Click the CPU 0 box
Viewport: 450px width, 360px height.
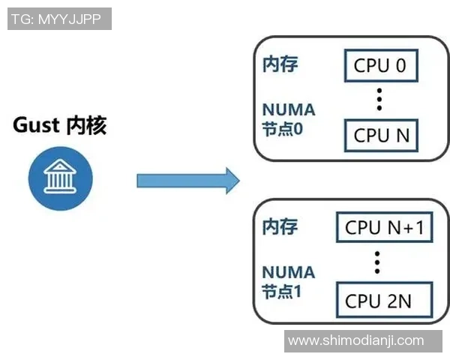[380, 66]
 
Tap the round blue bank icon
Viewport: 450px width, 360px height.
[60, 178]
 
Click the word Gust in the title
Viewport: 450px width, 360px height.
[35, 125]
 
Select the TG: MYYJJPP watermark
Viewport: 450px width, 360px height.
[59, 19]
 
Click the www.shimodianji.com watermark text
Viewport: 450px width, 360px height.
[355, 341]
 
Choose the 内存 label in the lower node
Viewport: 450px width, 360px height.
[280, 226]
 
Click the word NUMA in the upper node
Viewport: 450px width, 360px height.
[288, 110]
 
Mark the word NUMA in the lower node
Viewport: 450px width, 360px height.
[288, 272]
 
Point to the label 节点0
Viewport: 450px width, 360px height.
[282, 128]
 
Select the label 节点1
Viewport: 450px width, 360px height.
[282, 290]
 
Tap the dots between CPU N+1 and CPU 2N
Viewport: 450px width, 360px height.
[378, 262]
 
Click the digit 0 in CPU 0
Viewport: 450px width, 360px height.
[400, 66]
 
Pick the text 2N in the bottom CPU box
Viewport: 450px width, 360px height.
[399, 301]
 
